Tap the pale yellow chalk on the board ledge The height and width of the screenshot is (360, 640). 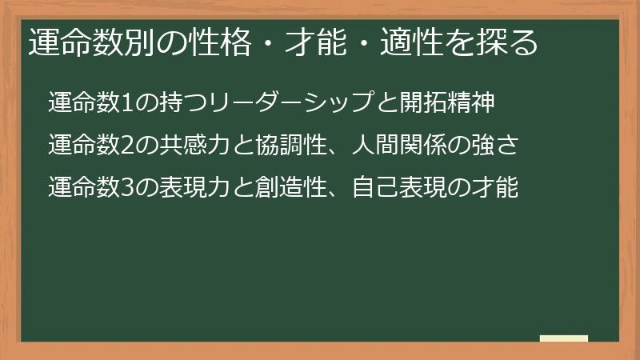click(x=564, y=338)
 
